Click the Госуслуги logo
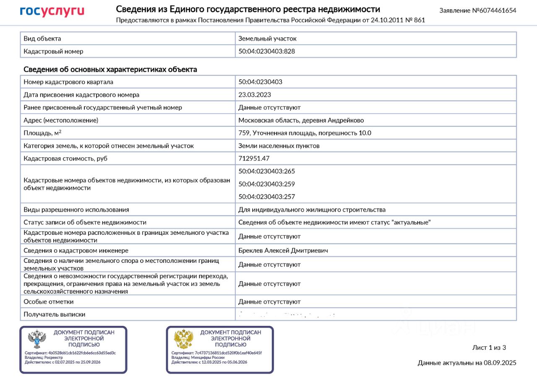(52, 11)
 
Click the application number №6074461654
(478, 10)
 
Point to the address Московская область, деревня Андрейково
(301, 120)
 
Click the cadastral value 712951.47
(254, 158)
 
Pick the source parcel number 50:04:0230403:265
(266, 171)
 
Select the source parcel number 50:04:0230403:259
(266, 183)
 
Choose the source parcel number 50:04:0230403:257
(266, 197)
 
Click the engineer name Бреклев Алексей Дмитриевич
(283, 250)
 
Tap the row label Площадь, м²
(42, 133)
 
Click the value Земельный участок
(267, 38)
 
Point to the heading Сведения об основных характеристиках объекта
(110, 69)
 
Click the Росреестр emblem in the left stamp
(37, 339)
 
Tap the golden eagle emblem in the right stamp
(183, 339)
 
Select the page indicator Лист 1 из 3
(489, 347)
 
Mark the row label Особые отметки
(49, 301)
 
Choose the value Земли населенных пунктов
(279, 146)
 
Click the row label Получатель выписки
(55, 314)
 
